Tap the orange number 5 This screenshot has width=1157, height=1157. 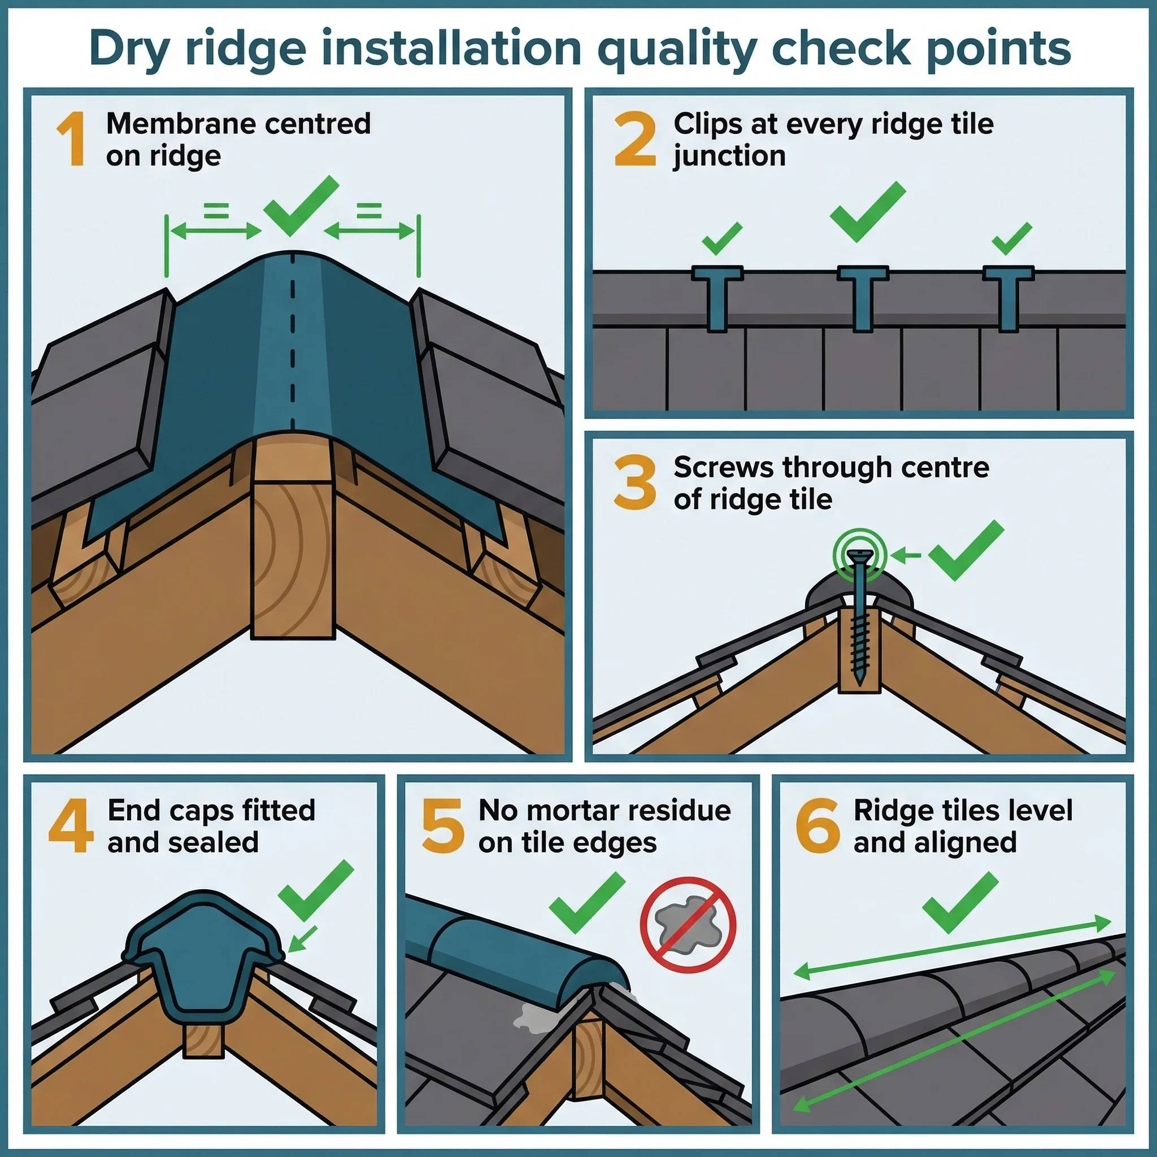click(x=442, y=826)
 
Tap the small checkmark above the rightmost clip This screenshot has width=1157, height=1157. click(x=1011, y=238)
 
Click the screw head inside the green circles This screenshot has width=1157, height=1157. click(x=859, y=555)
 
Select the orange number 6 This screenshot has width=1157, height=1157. click(x=817, y=826)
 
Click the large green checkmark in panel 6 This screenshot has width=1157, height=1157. click(x=959, y=902)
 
